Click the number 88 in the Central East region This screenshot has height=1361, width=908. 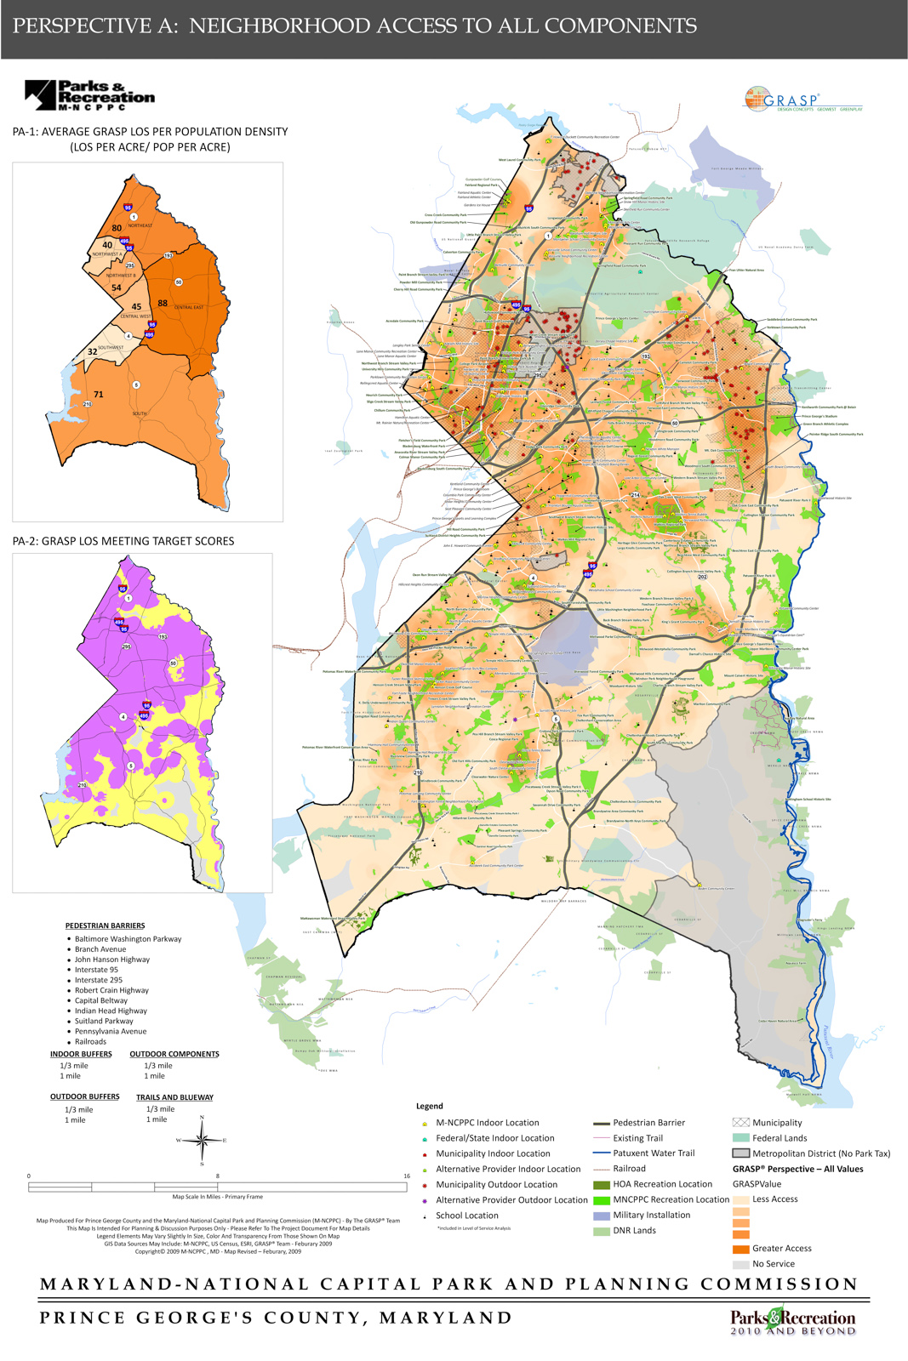(x=163, y=303)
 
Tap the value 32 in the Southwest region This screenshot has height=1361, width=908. (x=93, y=351)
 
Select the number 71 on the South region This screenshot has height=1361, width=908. (x=99, y=394)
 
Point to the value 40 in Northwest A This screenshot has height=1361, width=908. (x=107, y=245)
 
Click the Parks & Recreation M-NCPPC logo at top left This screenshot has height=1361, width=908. (x=89, y=95)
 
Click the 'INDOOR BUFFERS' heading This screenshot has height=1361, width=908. (x=81, y=1054)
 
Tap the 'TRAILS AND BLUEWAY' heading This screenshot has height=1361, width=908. (x=174, y=1097)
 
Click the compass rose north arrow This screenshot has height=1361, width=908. (x=202, y=1138)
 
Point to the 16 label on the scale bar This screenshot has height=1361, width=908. (x=407, y=1176)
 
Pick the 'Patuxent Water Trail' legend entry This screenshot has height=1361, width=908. (x=654, y=1153)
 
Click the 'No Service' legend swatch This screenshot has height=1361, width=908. (x=740, y=1264)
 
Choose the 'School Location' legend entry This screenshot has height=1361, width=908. (x=467, y=1216)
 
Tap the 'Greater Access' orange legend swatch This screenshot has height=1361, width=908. (x=740, y=1249)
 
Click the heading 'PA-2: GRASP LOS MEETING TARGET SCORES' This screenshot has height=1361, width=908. (x=123, y=541)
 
